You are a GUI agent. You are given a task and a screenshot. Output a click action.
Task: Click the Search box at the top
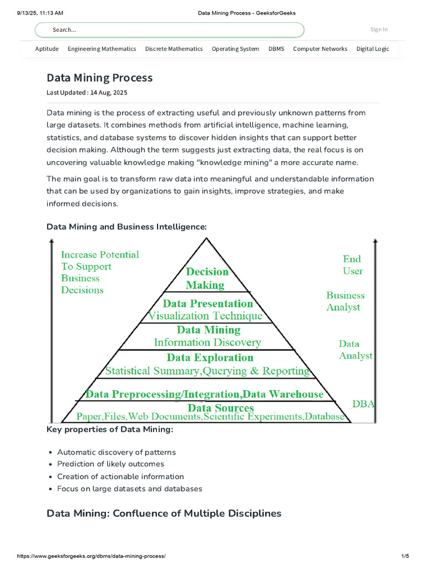pos(169,29)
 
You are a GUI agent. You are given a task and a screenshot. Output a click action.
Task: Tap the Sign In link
pos(379,29)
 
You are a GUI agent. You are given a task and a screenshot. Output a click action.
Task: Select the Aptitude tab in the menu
pos(47,49)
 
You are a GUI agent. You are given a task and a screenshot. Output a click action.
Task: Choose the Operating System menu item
pos(235,49)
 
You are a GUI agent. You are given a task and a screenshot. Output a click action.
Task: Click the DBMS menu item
pos(276,49)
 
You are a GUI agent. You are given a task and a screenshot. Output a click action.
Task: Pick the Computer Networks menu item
pos(320,49)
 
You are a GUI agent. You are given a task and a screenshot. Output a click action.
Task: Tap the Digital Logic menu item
pos(373,49)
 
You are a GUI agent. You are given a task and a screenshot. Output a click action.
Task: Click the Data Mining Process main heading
pos(99,78)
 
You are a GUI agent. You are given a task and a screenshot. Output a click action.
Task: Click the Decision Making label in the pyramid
pos(206,278)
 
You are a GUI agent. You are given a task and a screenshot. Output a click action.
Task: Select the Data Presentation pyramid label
pos(207,303)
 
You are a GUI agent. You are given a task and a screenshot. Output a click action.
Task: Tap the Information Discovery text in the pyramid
pos(207,342)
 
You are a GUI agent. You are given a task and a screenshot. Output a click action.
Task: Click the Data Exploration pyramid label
pos(210,357)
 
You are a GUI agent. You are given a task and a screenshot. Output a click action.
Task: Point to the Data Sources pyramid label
pos(220,408)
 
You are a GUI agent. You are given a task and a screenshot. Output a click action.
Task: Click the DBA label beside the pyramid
pos(363,404)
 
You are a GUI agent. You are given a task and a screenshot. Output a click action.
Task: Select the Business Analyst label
pos(345,301)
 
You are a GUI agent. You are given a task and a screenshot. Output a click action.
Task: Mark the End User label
pos(352,265)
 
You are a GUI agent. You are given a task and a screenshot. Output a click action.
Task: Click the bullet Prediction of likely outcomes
pos(110,464)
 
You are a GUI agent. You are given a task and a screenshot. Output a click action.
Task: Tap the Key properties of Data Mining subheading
pos(110,430)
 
